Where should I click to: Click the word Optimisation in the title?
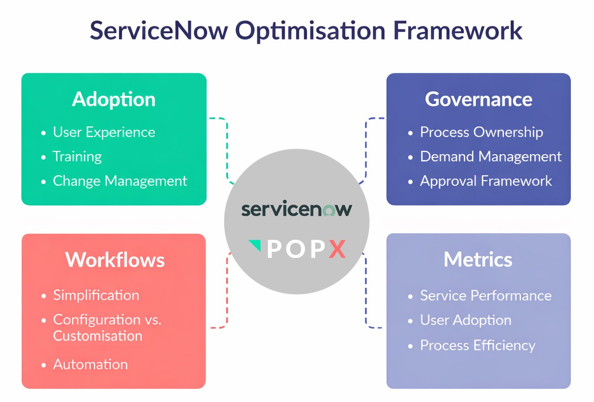pos(310,30)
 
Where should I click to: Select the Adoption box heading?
pos(114,99)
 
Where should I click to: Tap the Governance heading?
pos(478,99)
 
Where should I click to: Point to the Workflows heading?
pos(115,260)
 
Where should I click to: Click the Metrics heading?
pos(478,259)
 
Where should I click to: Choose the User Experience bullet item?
pos(104,132)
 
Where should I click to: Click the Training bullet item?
pos(77,157)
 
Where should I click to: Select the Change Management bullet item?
pos(120,181)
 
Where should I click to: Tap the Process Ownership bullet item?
pos(481,132)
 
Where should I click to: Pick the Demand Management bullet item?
pos(490,157)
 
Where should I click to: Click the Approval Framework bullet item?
pos(486,181)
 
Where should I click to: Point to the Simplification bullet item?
pos(96,295)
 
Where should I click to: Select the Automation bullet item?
pos(90,365)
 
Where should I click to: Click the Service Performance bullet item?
pos(486,296)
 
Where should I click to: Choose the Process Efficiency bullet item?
pos(478,346)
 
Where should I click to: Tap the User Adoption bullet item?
pos(466,320)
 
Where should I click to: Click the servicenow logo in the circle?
pos(297,209)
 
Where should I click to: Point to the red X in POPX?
pos(337,249)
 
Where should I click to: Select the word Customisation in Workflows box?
pos(97,336)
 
